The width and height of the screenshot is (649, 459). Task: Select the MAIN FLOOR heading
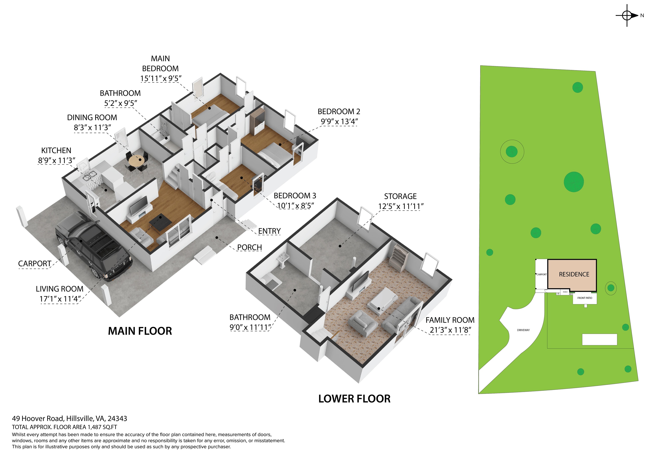tap(140, 331)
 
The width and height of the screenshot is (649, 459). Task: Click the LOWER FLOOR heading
tap(354, 399)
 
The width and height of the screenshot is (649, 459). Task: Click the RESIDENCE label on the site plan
tap(574, 274)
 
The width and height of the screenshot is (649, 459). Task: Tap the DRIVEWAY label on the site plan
tap(523, 330)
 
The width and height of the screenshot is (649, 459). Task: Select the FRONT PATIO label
tap(585, 298)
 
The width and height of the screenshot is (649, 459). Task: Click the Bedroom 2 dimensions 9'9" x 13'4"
tap(339, 122)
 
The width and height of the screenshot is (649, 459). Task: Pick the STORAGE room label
tap(400, 196)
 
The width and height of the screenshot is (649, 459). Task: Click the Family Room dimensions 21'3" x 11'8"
tap(450, 330)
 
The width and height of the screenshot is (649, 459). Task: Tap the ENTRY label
tap(269, 231)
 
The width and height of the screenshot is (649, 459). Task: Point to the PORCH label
tap(249, 247)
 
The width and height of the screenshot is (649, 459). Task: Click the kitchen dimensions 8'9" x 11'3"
tap(57, 160)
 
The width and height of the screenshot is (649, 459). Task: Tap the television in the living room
tap(139, 205)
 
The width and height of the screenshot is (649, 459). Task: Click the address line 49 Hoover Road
tap(70, 419)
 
